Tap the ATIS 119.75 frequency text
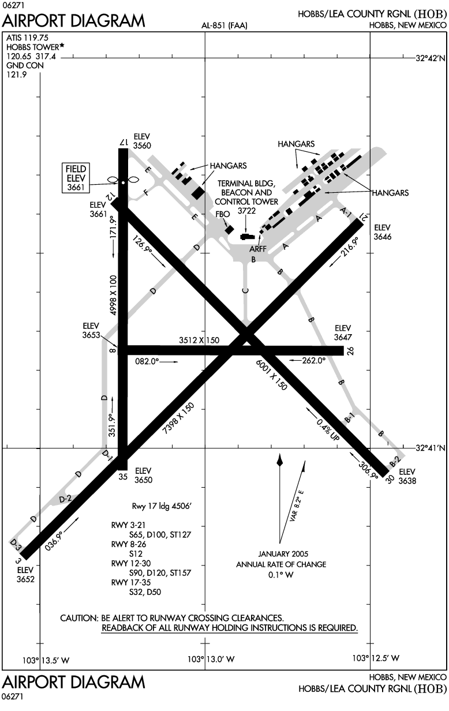click(x=27, y=37)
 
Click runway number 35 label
click(x=122, y=477)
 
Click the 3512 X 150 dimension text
click(x=199, y=340)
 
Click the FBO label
click(x=222, y=214)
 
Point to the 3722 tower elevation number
click(x=246, y=211)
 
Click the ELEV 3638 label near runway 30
click(x=407, y=476)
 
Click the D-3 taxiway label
click(x=16, y=543)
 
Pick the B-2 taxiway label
click(x=395, y=461)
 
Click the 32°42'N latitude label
click(x=431, y=58)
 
